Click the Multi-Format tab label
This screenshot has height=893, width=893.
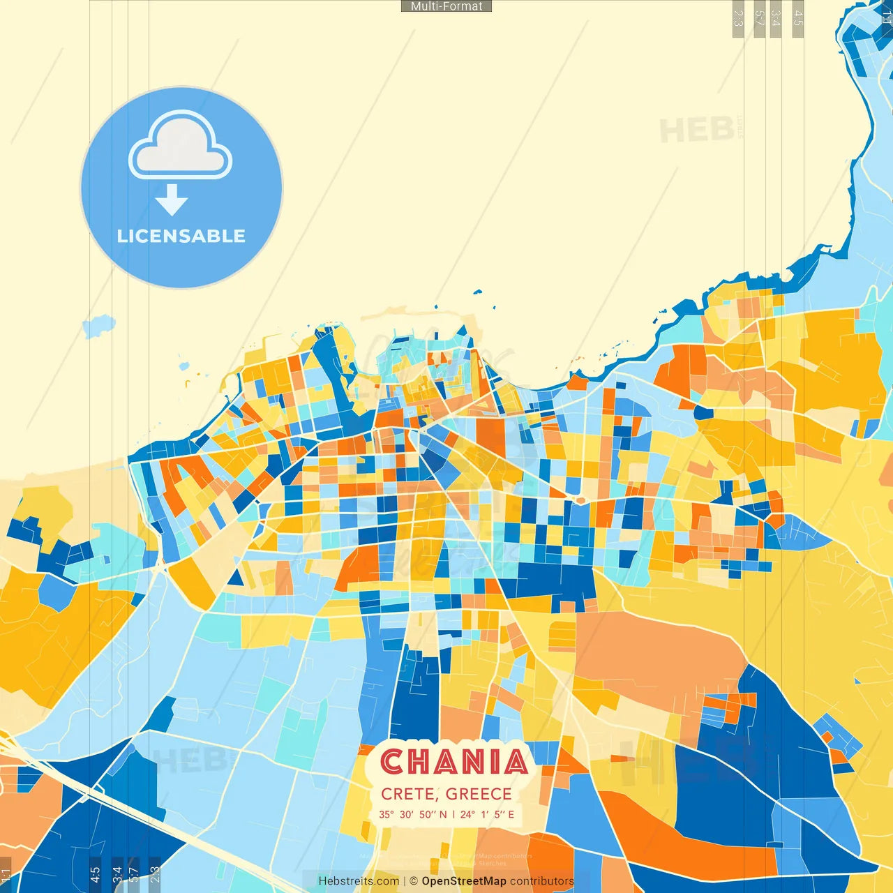click(x=446, y=6)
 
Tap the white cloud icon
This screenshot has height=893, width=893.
click(x=180, y=146)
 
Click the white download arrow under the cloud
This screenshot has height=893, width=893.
click(x=172, y=200)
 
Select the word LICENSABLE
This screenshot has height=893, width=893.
click(x=181, y=237)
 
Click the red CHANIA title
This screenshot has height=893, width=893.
click(x=454, y=762)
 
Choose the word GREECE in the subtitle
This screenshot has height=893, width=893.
click(x=479, y=794)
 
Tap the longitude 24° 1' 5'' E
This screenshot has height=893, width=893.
click(x=487, y=814)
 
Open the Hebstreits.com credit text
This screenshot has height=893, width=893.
click(x=359, y=881)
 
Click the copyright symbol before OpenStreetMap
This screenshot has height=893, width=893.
click(x=414, y=881)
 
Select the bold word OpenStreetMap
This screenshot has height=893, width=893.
click(x=464, y=881)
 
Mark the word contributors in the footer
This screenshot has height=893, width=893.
click(x=542, y=881)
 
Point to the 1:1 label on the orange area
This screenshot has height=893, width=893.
click(x=6, y=876)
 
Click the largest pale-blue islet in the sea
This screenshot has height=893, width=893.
click(x=99, y=325)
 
